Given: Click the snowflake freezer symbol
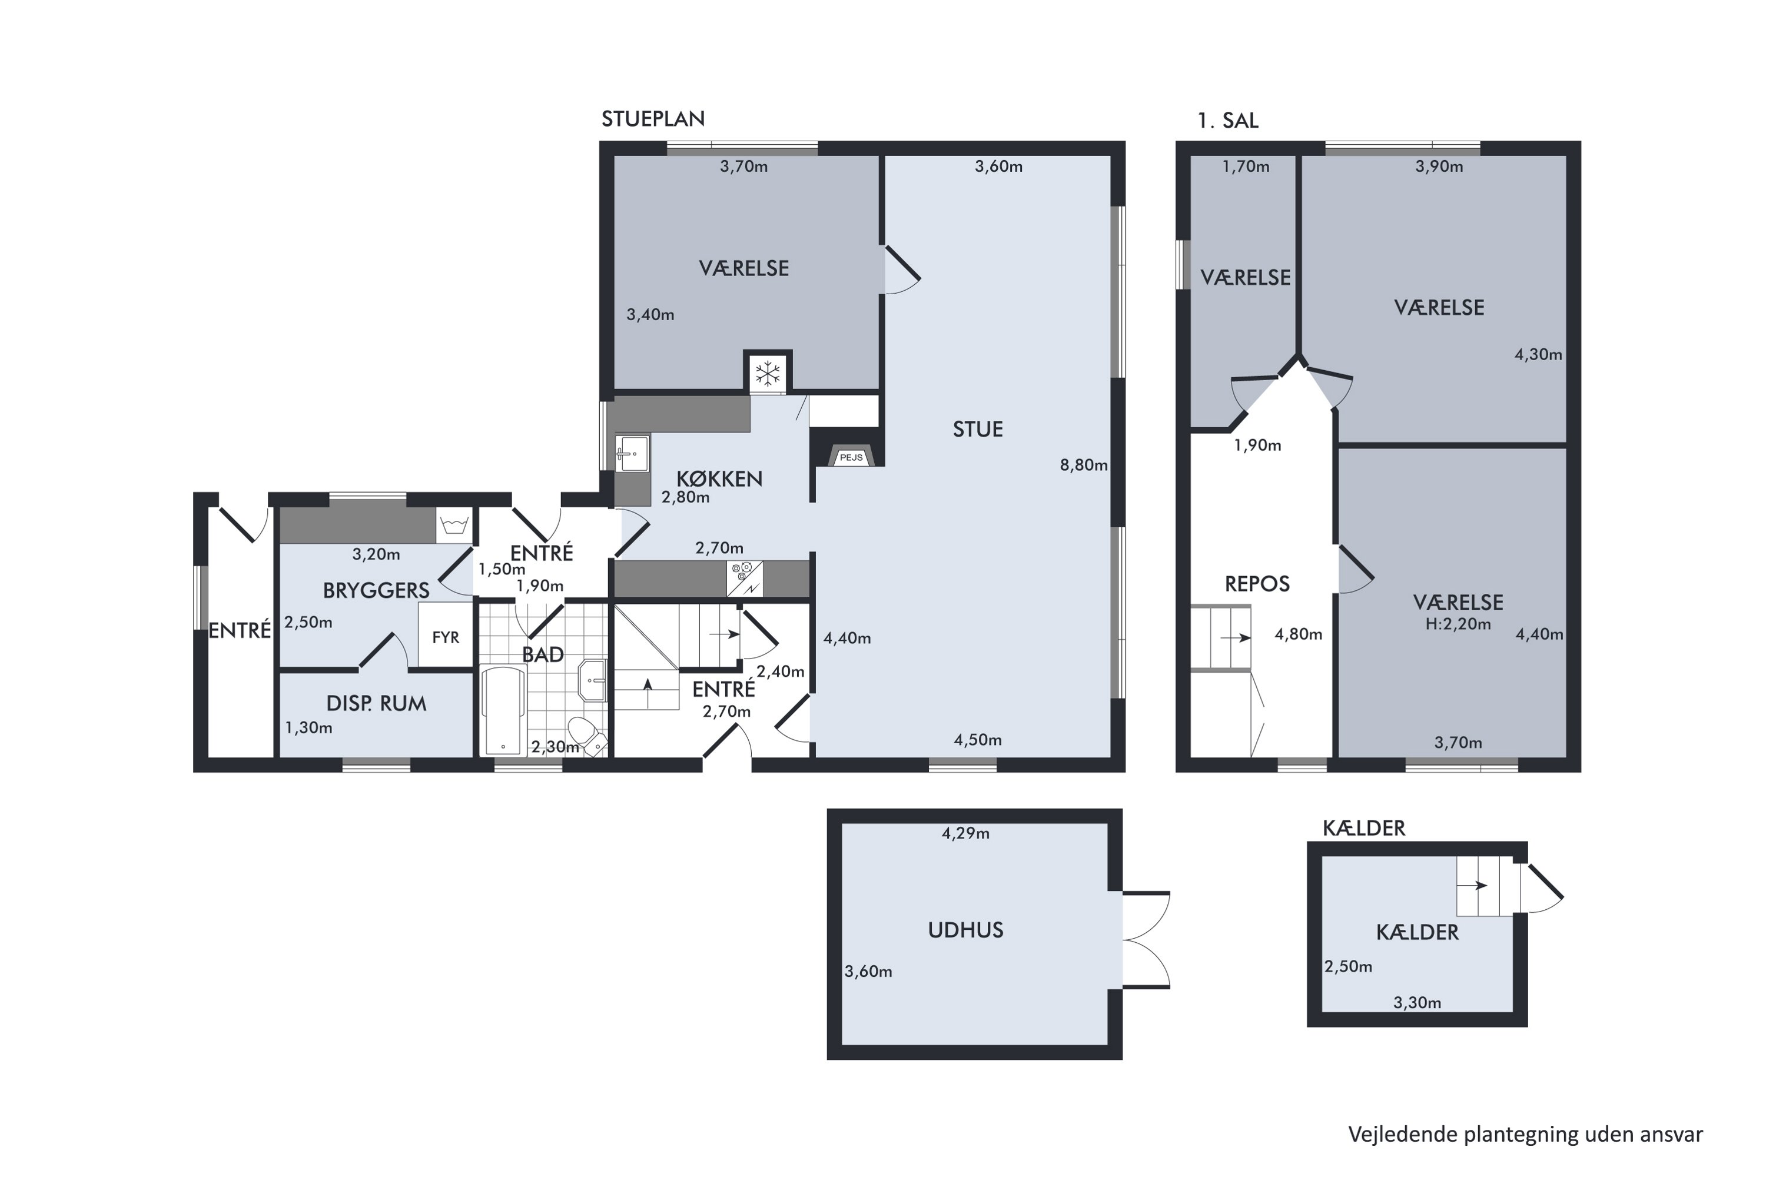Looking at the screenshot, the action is point(768,373).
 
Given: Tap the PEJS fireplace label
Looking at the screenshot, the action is point(851,457).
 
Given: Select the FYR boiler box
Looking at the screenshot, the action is point(445,637).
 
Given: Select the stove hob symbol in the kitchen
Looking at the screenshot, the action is point(744,578).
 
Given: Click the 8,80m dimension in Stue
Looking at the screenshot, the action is point(1084,466).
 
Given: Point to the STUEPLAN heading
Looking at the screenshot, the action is point(652,119).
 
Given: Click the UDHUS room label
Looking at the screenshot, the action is point(965,930).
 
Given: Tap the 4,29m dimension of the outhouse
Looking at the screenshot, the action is point(965,833).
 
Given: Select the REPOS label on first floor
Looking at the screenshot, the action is point(1257,584).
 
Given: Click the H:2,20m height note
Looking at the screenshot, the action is point(1458,624).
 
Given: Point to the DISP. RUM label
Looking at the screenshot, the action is point(376,703).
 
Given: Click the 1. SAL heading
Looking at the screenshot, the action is point(1227,121).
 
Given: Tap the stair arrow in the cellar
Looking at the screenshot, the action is point(1472,886).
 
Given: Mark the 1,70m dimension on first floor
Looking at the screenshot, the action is point(1246,167).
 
